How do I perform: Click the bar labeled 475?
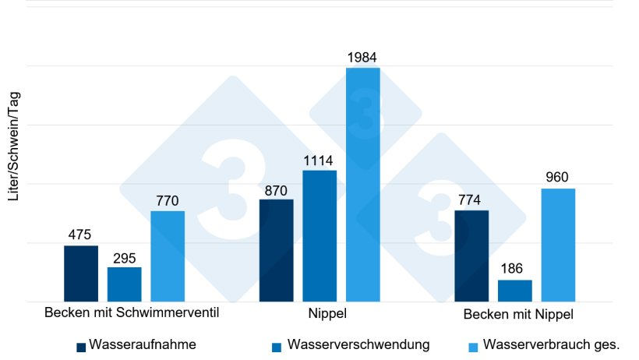coord(81,274)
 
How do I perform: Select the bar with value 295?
coord(125,284)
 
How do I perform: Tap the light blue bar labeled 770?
coord(168,256)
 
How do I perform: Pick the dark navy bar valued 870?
coord(277,250)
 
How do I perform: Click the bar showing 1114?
coord(319,236)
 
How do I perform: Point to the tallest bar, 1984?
coord(363,185)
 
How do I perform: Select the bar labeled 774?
coord(471,256)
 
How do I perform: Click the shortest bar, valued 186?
coord(515,291)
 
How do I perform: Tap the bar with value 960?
coord(558,245)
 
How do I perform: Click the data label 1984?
coord(363,58)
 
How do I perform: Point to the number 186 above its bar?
coord(515,270)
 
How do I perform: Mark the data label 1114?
coord(319,161)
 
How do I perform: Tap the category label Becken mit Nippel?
coord(518,315)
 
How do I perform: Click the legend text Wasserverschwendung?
coord(358,344)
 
